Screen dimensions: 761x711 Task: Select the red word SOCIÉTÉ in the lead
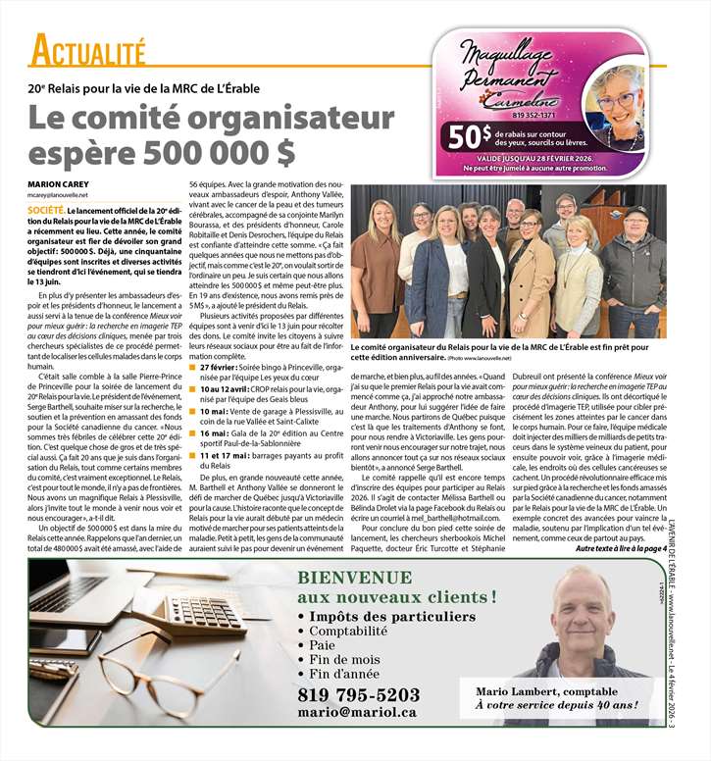coord(46,210)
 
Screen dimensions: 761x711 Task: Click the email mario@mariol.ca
coord(359,714)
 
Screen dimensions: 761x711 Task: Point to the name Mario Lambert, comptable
coord(556,689)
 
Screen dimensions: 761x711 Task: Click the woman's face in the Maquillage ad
coord(616,102)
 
